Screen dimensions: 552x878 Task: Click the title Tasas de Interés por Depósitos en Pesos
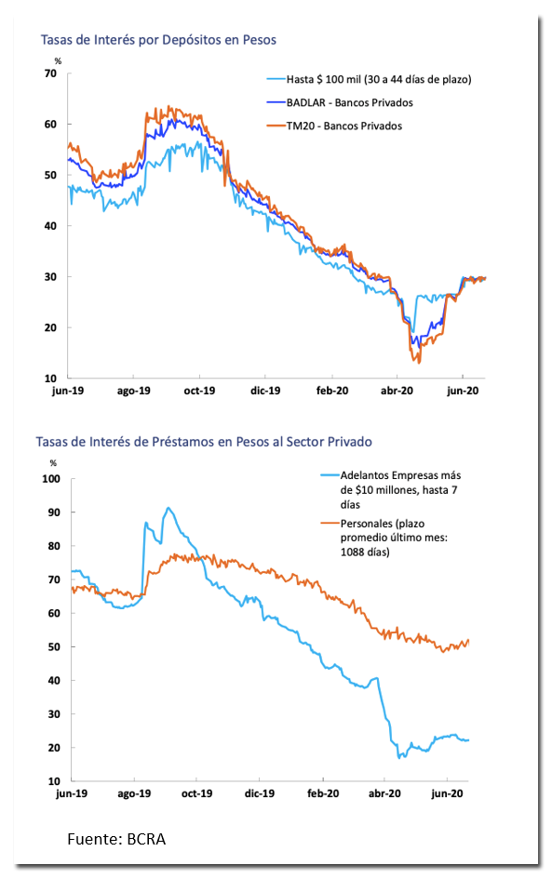click(158, 40)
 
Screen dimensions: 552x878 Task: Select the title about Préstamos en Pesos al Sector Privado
click(204, 442)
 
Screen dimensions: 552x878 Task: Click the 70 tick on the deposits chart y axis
click(50, 73)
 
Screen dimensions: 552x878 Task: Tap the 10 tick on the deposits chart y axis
click(50, 378)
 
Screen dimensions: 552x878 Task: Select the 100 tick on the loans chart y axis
click(51, 479)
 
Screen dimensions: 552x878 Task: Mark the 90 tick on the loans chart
click(54, 512)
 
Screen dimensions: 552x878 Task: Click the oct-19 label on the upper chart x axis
click(199, 391)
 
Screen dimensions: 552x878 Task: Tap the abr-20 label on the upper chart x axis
click(397, 391)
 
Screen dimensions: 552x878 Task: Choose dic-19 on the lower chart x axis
click(260, 793)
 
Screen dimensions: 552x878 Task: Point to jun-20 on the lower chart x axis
click(447, 793)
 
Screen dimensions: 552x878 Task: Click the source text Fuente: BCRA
click(116, 839)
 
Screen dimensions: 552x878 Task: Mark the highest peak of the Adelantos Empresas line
click(168, 508)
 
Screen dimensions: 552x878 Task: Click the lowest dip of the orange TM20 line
click(419, 363)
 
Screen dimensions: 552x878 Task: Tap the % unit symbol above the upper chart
click(58, 61)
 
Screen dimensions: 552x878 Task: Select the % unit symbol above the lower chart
click(53, 463)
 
